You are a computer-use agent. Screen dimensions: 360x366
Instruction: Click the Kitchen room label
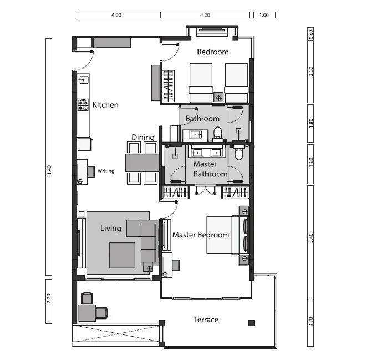pyautogui.click(x=105, y=105)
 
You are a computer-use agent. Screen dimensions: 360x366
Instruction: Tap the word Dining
pyautogui.click(x=143, y=138)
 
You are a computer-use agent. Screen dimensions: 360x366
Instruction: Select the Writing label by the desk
pyautogui.click(x=106, y=171)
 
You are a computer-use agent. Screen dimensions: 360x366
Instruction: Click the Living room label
pyautogui.click(x=111, y=228)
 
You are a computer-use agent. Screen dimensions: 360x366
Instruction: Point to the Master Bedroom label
pyautogui.click(x=200, y=235)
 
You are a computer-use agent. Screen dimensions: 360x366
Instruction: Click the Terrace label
pyautogui.click(x=206, y=320)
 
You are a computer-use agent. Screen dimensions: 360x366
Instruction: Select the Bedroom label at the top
pyautogui.click(x=213, y=52)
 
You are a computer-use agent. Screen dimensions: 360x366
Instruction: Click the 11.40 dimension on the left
pyautogui.click(x=49, y=172)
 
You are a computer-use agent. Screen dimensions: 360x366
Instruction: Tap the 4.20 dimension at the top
pyautogui.click(x=205, y=15)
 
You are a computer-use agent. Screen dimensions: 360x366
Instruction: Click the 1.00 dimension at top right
pyautogui.click(x=264, y=15)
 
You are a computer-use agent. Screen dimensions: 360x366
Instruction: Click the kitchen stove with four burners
pyautogui.click(x=83, y=105)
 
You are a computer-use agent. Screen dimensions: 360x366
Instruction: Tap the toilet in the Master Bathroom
pyautogui.click(x=238, y=154)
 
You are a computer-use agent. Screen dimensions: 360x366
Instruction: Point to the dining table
pyautogui.click(x=143, y=163)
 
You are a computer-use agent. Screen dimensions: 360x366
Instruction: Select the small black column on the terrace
pyautogui.click(x=251, y=323)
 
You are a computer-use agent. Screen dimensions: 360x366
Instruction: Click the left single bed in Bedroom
pyautogui.click(x=201, y=82)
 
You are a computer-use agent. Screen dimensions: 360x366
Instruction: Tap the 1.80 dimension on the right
pyautogui.click(x=311, y=122)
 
